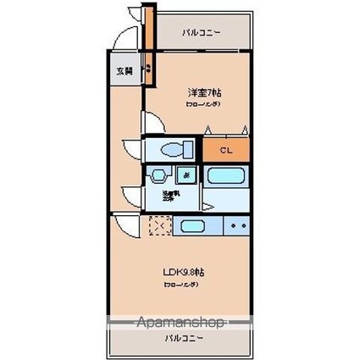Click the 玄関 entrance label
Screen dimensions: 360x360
pyautogui.click(x=124, y=71)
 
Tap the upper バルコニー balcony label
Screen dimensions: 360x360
pyautogui.click(x=201, y=33)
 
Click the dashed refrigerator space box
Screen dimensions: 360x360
pyautogui.click(x=160, y=227)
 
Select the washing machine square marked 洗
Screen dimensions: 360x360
pyautogui.click(x=186, y=174)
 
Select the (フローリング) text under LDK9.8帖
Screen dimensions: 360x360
pyautogui.click(x=182, y=284)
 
